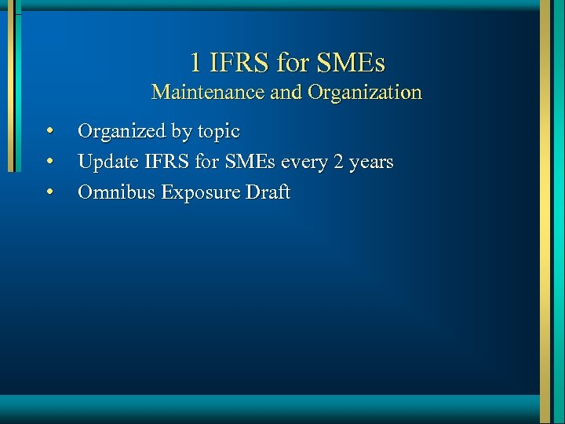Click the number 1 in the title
pos(196,61)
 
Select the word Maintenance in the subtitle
pos(208,93)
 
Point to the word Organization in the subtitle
pos(364,93)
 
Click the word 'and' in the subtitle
pos(286,93)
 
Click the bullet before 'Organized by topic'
pos(49,130)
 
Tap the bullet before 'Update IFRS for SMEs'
pos(49,162)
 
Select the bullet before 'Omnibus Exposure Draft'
pos(49,192)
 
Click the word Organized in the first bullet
pos(122,131)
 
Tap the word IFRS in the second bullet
pos(162,163)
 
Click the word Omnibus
pos(116,192)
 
